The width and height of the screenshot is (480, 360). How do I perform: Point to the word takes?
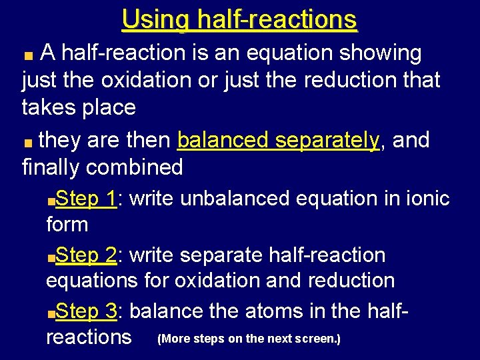(49, 107)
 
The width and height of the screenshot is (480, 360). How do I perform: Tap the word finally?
(51, 167)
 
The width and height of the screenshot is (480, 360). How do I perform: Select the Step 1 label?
(87, 198)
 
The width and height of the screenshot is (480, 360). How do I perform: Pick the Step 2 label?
(87, 255)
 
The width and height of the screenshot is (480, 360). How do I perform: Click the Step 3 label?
(87, 311)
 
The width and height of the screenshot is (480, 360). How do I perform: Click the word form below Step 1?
(67, 225)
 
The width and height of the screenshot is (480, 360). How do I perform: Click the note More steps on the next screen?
(249, 339)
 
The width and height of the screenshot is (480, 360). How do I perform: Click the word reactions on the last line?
(89, 337)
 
